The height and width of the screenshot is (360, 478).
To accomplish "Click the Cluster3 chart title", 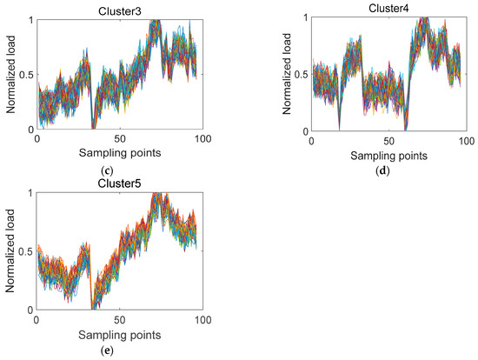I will [121, 10].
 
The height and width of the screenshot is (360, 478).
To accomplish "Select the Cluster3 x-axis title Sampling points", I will [121, 153].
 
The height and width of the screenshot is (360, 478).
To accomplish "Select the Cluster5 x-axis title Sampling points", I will [120, 334].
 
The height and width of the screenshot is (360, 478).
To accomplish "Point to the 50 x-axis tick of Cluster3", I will [120, 138].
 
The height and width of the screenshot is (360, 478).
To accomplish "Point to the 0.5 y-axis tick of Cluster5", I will [23, 252].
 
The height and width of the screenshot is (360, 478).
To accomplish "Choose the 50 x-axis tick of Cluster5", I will [120, 319].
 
